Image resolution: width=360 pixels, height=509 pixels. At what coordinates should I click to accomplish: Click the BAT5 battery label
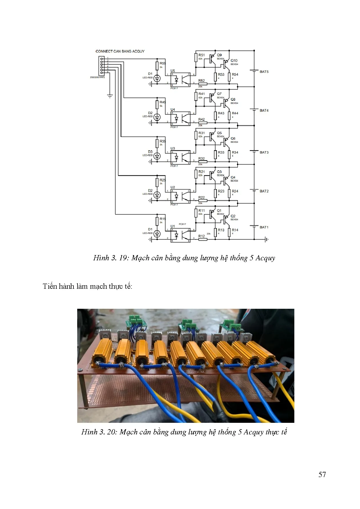point(264,72)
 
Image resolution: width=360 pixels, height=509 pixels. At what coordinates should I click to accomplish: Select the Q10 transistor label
point(234,61)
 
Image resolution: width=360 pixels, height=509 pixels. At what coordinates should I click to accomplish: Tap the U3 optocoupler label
point(173,148)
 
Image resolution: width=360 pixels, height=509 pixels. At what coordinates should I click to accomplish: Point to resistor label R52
point(201,81)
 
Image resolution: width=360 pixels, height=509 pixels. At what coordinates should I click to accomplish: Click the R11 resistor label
point(201,211)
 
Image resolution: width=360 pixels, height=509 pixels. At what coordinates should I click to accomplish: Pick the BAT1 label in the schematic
point(264,227)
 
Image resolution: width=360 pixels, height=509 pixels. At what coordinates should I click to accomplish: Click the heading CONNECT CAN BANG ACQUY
point(120,51)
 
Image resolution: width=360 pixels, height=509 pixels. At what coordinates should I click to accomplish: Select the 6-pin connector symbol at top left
point(102,66)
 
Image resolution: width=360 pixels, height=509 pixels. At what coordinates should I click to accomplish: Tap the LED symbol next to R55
point(157,78)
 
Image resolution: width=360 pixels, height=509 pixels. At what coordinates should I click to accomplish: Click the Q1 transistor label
point(219,211)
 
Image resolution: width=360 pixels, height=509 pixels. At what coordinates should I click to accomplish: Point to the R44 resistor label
point(235,113)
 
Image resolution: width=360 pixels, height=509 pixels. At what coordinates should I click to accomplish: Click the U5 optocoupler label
point(173,71)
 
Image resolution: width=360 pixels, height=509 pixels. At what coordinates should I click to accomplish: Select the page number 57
point(322,474)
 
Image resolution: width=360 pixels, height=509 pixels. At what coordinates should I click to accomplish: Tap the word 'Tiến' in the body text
point(50,286)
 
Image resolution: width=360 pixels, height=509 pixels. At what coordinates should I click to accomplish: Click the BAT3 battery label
point(264,152)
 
